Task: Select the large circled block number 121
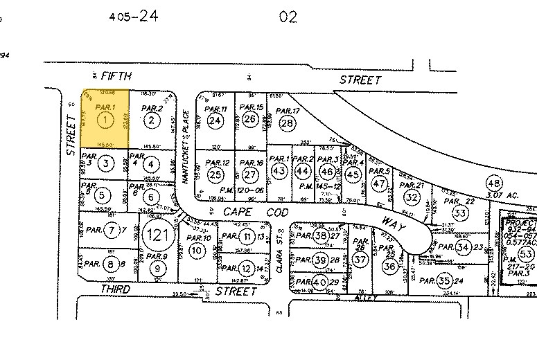click(157, 235)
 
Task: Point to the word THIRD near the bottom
click(115, 289)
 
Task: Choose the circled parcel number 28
click(287, 123)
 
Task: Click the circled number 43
click(279, 170)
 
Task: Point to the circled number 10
click(197, 250)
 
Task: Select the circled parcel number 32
click(412, 197)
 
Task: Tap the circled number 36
click(391, 267)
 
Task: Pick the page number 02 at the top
click(287, 17)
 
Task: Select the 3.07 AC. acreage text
click(502, 196)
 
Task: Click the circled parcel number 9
click(159, 269)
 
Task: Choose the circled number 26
click(250, 120)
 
